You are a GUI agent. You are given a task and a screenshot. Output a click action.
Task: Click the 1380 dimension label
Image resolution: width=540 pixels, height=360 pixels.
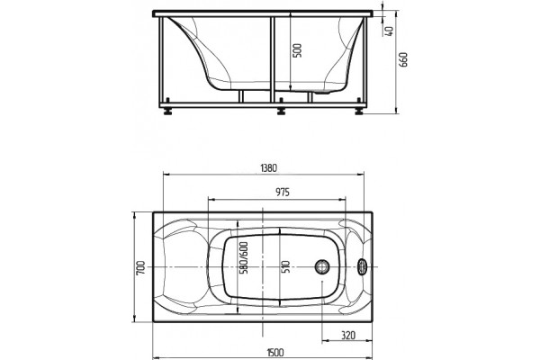268,168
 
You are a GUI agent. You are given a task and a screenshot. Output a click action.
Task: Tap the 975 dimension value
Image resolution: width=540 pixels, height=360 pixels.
283,193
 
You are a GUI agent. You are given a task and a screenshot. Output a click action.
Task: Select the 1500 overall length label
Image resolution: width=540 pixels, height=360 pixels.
275,353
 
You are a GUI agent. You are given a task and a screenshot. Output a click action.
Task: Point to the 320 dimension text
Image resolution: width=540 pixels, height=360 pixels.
348,335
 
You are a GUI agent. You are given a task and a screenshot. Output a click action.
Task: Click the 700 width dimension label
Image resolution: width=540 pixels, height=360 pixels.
140,267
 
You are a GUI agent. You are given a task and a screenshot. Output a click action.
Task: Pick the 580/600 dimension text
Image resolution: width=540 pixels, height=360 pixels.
244,257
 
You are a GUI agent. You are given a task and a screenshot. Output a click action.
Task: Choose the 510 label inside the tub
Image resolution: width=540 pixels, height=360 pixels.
286,266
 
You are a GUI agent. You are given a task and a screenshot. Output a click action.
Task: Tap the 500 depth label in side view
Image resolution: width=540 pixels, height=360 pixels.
298,50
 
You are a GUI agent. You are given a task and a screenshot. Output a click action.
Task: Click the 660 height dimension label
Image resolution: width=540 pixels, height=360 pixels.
403,59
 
